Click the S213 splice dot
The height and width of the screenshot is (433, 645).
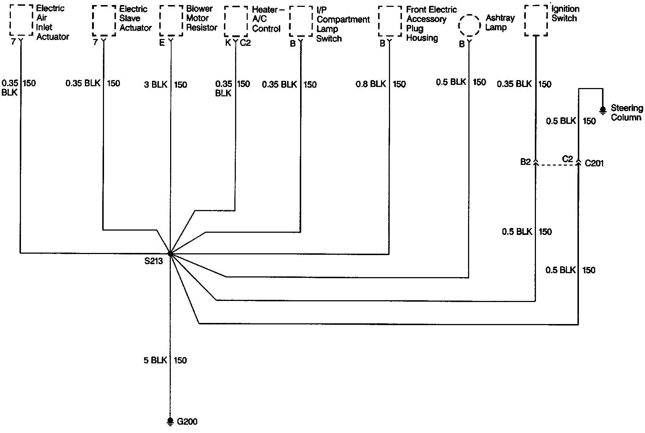coord(170,254)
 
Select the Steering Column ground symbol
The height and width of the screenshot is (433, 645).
coord(602,110)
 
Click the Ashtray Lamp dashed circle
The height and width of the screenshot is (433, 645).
coord(469,26)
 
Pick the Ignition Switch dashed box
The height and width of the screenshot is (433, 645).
coord(536,21)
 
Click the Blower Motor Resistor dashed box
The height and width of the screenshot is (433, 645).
coord(171,21)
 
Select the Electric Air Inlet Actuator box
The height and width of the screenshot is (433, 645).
coord(21,21)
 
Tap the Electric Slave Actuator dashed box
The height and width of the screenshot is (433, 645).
coord(104,21)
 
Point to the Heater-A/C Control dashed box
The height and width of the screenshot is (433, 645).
coord(236,21)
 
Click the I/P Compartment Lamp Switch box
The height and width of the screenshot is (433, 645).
coord(301,21)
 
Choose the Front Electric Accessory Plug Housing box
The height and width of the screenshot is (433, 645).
coord(390,21)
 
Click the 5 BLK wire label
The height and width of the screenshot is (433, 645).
coord(155,360)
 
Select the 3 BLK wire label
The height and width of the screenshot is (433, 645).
coord(156,85)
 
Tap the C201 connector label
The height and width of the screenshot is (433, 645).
coord(594,163)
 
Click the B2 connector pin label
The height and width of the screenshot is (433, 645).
coord(525,162)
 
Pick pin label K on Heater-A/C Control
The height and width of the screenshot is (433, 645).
coord(228,43)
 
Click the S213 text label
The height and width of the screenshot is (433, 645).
coord(153,261)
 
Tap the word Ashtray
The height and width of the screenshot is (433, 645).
coord(500,18)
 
